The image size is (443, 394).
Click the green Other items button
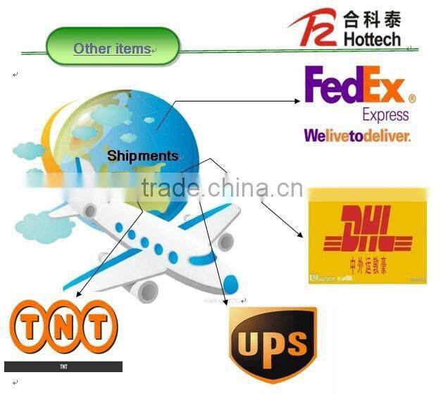[x=113, y=48]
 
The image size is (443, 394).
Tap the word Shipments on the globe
[x=143, y=155]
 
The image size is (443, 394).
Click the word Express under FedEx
[x=385, y=115]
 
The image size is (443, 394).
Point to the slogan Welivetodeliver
[x=356, y=135]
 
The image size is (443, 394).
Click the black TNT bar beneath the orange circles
[x=63, y=367]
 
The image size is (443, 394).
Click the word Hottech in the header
[x=372, y=39]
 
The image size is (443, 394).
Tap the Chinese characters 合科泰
[x=372, y=18]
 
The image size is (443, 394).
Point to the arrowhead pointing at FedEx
[x=297, y=101]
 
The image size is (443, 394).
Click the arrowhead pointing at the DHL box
[x=302, y=234]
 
